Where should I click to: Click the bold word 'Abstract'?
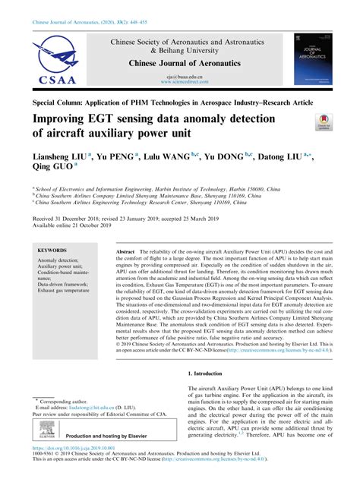125,251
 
